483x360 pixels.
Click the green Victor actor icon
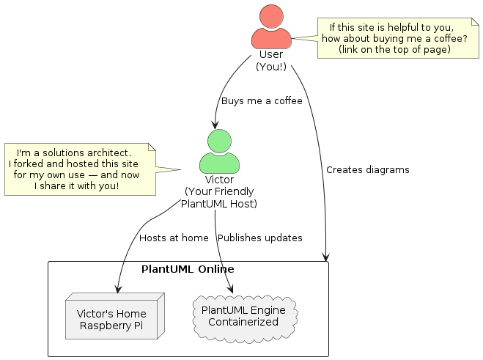point(219,152)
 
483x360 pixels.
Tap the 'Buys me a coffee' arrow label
point(262,100)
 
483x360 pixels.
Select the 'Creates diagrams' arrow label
point(367,169)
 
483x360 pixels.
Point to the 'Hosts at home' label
point(174,238)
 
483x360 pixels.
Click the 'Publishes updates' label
point(260,238)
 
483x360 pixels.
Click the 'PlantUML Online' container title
point(188,269)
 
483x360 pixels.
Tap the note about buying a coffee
point(394,38)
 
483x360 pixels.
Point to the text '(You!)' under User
point(271,66)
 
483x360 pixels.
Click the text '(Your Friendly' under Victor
point(219,191)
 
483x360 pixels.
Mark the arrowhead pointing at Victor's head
point(215,125)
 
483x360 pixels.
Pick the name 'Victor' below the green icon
point(219,180)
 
